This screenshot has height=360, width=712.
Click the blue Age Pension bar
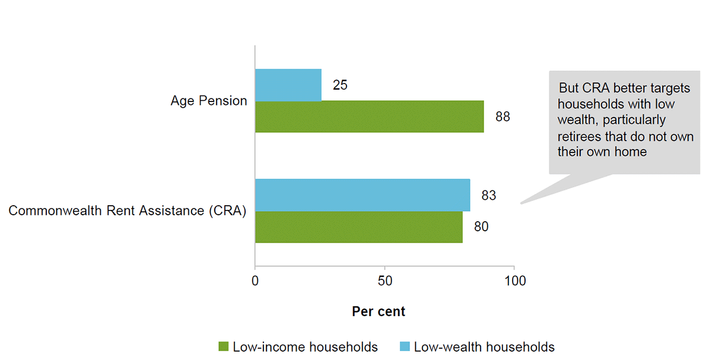coord(288,85)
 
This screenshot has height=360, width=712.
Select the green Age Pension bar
coord(369,117)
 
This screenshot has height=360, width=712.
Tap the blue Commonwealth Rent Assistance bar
coord(362,195)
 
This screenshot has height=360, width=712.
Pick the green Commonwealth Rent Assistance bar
coord(358,227)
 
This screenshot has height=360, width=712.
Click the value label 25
coord(340,85)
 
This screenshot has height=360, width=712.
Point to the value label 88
coord(503,117)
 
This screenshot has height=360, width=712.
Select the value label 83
coord(488,195)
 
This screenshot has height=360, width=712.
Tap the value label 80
coord(481,227)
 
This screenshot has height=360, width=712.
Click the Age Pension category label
coord(209,101)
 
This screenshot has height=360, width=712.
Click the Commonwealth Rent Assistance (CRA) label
coord(127,211)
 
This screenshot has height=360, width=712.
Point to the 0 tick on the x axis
coord(255,281)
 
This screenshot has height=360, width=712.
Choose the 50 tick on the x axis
coord(385,281)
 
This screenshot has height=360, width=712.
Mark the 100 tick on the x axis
coord(514,281)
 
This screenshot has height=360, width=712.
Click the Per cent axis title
coord(379,311)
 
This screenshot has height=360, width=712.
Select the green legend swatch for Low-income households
coord(224,347)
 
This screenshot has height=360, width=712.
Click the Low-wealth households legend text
coord(484,347)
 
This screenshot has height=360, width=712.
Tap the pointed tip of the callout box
coord(522,203)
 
